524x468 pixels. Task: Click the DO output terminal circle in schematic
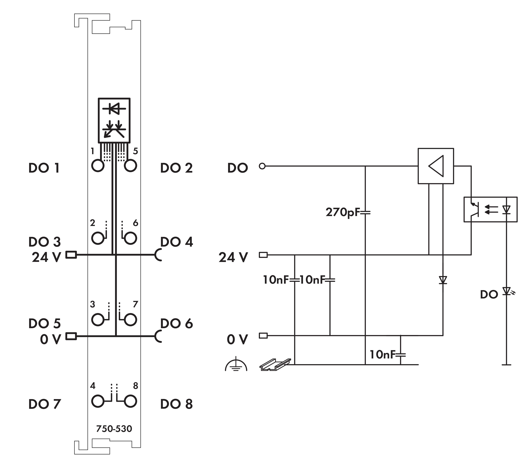[x=262, y=166]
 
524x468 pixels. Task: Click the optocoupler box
[x=490, y=209]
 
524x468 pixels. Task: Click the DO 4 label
[x=176, y=242]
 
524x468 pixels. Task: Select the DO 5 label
[x=44, y=323]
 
